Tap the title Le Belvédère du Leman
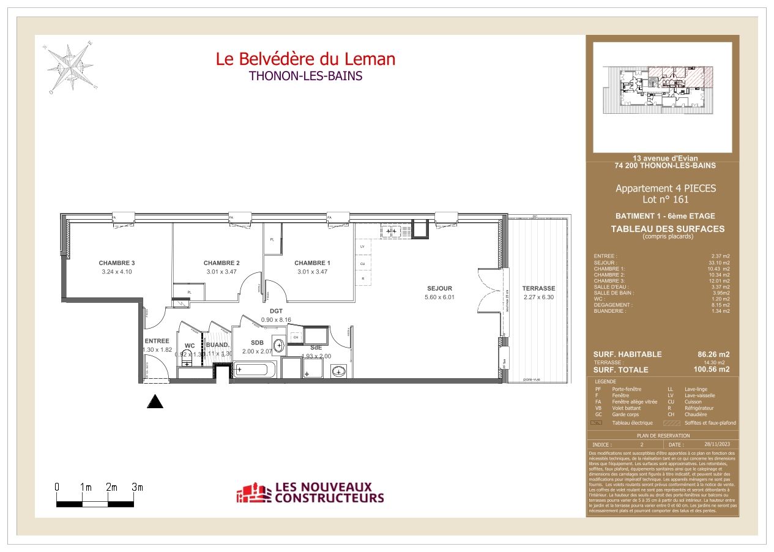point(305,59)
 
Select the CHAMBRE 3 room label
point(116,263)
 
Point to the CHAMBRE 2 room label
point(221,263)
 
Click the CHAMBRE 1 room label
point(312,263)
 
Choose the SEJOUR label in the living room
point(439,288)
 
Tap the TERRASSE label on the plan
point(538,288)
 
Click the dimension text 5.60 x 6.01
point(439,297)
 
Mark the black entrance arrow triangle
point(157,401)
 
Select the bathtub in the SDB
point(254,370)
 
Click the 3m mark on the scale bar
point(137,487)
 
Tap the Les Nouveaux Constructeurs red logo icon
point(253,493)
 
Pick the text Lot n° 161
point(664,200)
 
